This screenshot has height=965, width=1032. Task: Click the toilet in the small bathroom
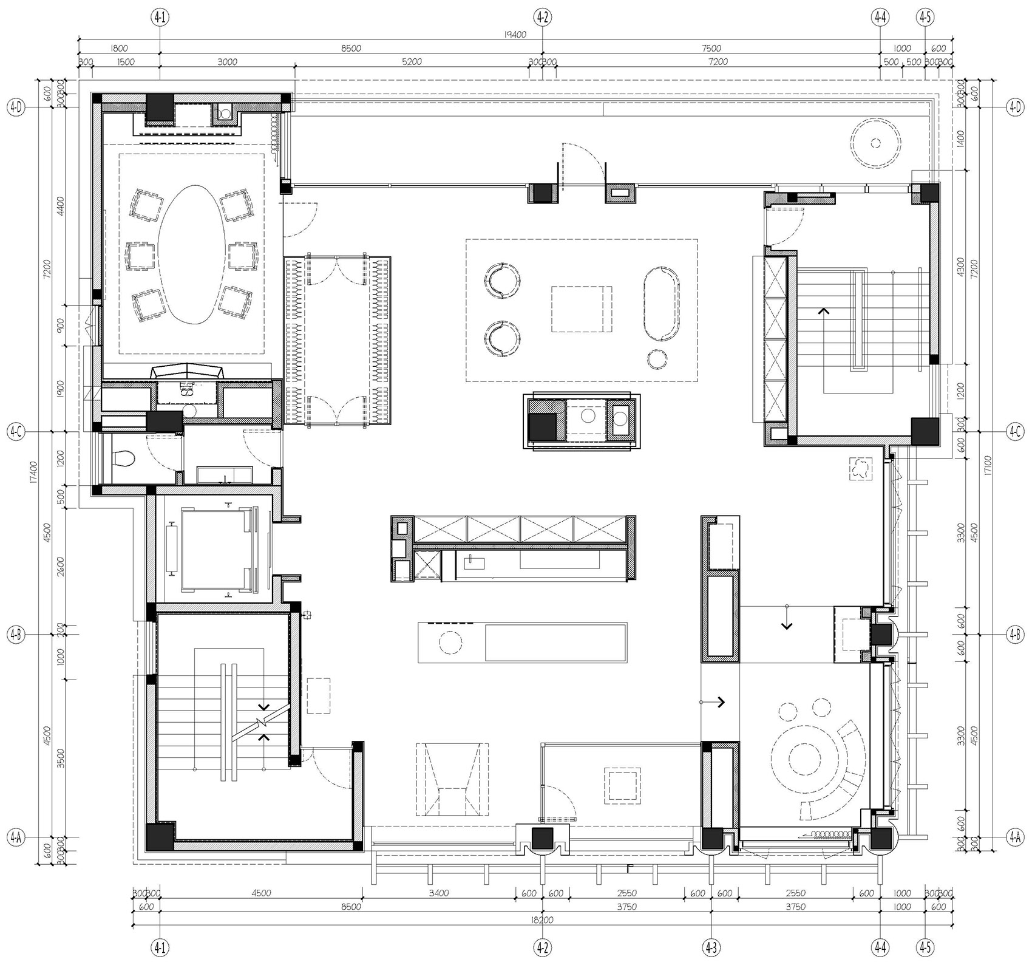point(125,457)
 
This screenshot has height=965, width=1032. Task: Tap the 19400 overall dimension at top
point(515,35)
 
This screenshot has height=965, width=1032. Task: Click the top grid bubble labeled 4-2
point(542,18)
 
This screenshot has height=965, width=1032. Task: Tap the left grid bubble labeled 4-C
point(16,432)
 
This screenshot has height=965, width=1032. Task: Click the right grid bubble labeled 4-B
point(1014,635)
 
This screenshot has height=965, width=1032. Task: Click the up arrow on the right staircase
point(824,312)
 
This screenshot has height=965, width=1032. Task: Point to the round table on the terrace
point(875,143)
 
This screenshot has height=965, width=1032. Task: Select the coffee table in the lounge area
point(582,309)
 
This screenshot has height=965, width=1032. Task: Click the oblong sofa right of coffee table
point(661,303)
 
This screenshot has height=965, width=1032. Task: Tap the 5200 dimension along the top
point(412,62)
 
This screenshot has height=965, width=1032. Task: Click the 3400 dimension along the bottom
point(438,893)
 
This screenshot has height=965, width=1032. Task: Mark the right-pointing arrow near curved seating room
point(721,702)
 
